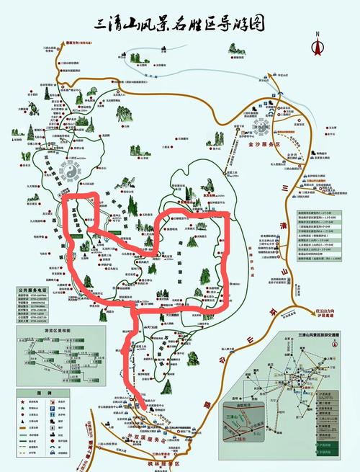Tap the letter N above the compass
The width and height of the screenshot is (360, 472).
[x=316, y=33]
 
